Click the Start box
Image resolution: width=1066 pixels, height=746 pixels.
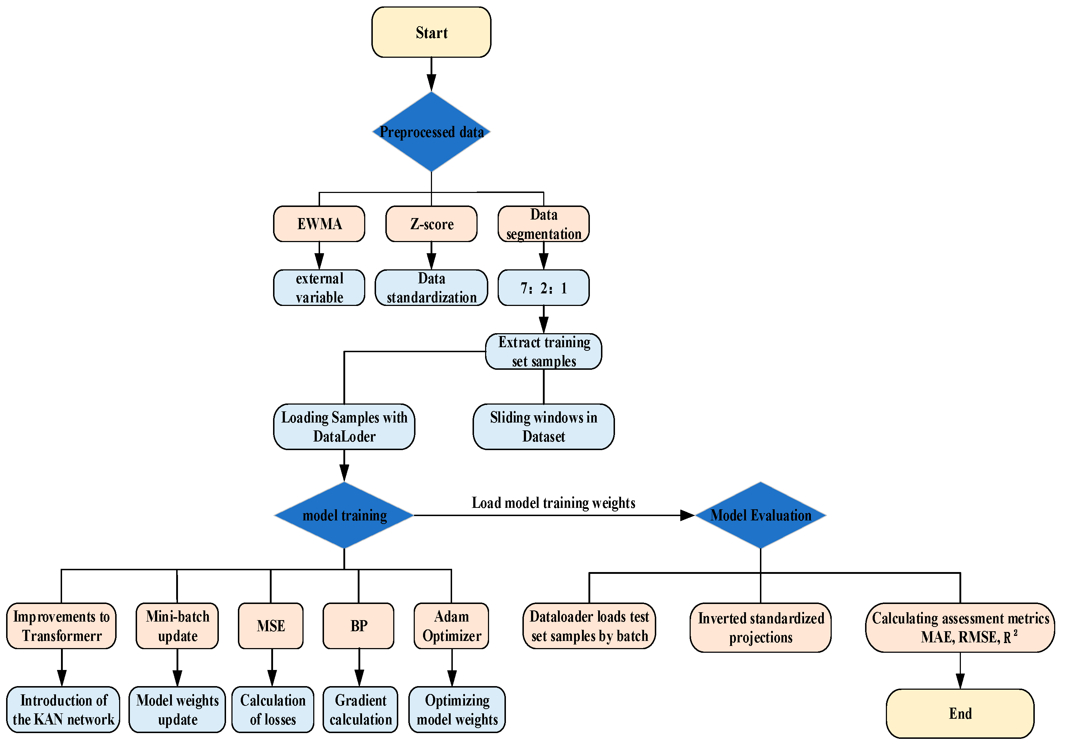pyautogui.click(x=431, y=33)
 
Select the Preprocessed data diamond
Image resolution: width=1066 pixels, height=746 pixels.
pyautogui.click(x=431, y=132)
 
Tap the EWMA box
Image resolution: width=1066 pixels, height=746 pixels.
pyautogui.click(x=319, y=224)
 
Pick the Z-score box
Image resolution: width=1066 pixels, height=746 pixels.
pyautogui.click(x=431, y=224)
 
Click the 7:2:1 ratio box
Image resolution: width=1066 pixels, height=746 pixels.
pyautogui.click(x=543, y=288)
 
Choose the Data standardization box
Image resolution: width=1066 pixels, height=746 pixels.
pyautogui.click(x=431, y=288)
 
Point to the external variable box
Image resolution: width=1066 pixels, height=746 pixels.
pyautogui.click(x=319, y=288)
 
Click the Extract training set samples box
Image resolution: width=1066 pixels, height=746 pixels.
pyautogui.click(x=543, y=351)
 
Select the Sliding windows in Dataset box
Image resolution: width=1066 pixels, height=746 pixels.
pyautogui.click(x=543, y=426)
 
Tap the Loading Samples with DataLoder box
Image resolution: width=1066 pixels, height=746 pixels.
pyautogui.click(x=344, y=426)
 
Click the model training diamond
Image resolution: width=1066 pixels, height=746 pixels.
pyautogui.click(x=344, y=515)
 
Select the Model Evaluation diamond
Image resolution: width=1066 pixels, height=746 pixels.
pyautogui.click(x=761, y=515)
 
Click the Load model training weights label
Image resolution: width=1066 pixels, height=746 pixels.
pyautogui.click(x=553, y=503)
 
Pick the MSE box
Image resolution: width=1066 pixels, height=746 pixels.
pyautogui.click(x=271, y=626)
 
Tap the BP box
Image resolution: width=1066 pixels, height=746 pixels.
pyautogui.click(x=358, y=626)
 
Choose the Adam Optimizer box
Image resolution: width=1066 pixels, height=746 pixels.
pyautogui.click(x=451, y=626)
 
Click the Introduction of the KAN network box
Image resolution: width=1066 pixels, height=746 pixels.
pyautogui.click(x=63, y=709)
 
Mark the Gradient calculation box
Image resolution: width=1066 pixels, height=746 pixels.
pyautogui.click(x=360, y=709)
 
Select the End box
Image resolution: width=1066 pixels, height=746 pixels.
pyautogui.click(x=960, y=713)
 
